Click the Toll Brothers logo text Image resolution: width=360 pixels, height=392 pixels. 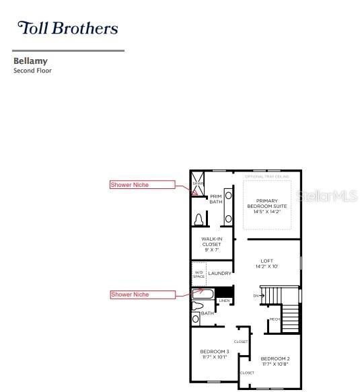pos(67,28)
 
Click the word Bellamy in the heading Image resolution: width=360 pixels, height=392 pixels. pos(30,61)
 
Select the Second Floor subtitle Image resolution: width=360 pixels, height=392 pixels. pos(32,71)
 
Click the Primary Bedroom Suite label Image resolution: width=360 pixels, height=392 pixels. pos(266,206)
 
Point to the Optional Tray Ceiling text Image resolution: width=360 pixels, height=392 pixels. pos(266,176)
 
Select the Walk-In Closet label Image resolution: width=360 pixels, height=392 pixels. pos(211,243)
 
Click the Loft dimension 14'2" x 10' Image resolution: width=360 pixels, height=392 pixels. pos(266,267)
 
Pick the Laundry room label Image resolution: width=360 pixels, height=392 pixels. pos(219,274)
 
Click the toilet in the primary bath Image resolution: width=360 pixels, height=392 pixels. pos(199,220)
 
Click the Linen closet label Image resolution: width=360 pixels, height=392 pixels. pos(224,301)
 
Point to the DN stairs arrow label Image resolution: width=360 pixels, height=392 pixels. pos(256,295)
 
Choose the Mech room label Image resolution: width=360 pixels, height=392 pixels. pos(274,319)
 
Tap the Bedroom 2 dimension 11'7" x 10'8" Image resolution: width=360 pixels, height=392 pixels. pos(275,364)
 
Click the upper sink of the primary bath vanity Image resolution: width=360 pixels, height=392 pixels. pos(228,196)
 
